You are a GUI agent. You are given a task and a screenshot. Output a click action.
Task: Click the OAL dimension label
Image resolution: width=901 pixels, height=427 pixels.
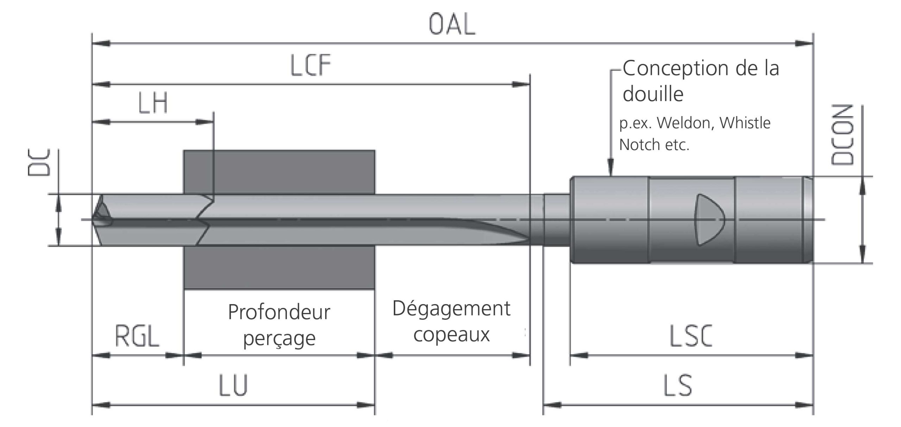click(x=452, y=25)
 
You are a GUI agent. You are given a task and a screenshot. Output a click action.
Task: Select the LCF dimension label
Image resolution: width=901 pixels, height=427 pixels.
click(x=311, y=65)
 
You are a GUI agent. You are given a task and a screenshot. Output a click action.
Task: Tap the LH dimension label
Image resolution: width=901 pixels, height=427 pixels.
click(x=153, y=103)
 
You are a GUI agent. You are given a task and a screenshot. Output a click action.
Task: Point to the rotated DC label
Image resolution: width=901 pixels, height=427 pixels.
click(x=39, y=162)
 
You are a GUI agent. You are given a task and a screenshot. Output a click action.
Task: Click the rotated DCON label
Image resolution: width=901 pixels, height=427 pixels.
click(x=842, y=135)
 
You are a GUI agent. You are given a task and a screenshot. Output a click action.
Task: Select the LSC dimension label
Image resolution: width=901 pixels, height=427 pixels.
click(x=691, y=336)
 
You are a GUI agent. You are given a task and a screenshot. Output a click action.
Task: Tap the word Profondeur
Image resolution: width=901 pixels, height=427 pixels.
click(x=279, y=312)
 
